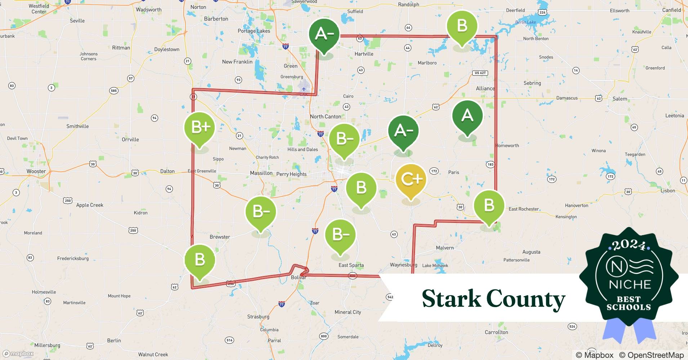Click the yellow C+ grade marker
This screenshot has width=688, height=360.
[x=411, y=179]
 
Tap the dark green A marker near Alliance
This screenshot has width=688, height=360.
[x=467, y=115]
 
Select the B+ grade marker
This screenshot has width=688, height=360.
[x=200, y=127]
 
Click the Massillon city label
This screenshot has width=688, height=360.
[x=261, y=173]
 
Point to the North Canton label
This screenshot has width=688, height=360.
[x=325, y=117]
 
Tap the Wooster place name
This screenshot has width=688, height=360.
[x=36, y=171]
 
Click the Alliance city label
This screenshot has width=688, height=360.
[x=485, y=89]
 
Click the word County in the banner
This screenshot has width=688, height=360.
[x=526, y=299]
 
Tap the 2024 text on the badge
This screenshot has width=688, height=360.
[x=629, y=245]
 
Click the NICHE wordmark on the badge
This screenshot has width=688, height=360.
[x=630, y=284]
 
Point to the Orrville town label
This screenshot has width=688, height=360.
[x=130, y=140]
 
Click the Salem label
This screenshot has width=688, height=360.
[x=620, y=99]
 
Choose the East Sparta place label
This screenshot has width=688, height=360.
[x=351, y=265]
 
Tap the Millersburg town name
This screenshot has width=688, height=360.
[x=47, y=345]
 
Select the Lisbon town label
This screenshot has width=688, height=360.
[x=667, y=191]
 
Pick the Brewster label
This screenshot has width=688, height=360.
[x=220, y=237]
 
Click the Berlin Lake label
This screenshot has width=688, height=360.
[x=526, y=22]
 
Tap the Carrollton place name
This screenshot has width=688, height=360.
[x=496, y=332]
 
